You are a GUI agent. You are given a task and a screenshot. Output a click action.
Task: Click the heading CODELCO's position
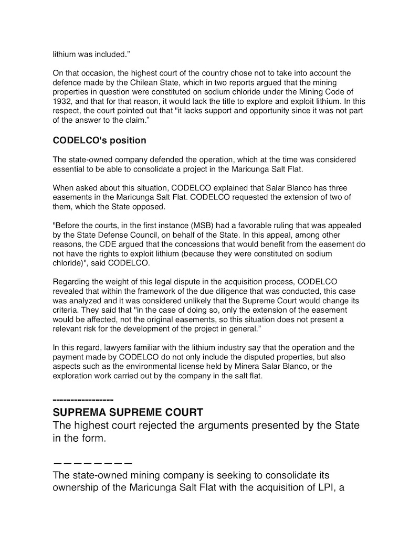click(x=99, y=141)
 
